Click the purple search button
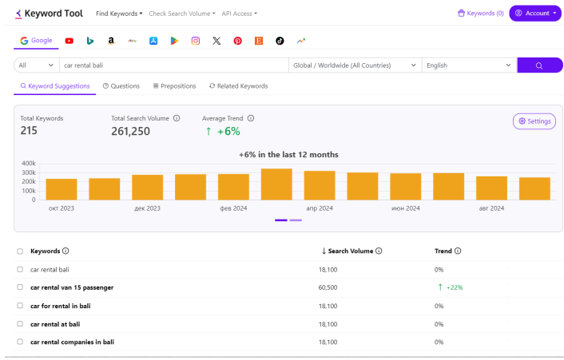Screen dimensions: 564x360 pyautogui.click(x=539, y=65)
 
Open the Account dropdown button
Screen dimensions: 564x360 pyautogui.click(x=535, y=14)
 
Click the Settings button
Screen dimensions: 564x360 pyautogui.click(x=534, y=121)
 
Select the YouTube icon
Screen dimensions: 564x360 pyautogui.click(x=69, y=41)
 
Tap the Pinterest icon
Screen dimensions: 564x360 pyautogui.click(x=238, y=41)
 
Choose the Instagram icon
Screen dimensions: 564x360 pyautogui.click(x=195, y=41)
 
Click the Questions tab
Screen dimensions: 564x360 pyautogui.click(x=121, y=86)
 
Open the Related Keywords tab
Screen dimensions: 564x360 pyautogui.click(x=239, y=86)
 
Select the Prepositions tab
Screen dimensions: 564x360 pyautogui.click(x=174, y=86)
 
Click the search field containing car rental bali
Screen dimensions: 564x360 pyautogui.click(x=173, y=65)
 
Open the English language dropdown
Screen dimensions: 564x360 pyautogui.click(x=470, y=65)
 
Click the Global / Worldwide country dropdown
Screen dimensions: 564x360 pyautogui.click(x=355, y=65)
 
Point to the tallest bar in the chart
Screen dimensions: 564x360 pyautogui.click(x=276, y=184)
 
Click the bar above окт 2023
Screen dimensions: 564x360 pyautogui.click(x=62, y=189)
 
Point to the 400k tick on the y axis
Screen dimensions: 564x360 pyautogui.click(x=29, y=164)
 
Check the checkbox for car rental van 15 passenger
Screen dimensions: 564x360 pyautogui.click(x=20, y=287)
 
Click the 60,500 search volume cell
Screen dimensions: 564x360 pyautogui.click(x=328, y=287)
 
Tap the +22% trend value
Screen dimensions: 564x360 pyautogui.click(x=455, y=287)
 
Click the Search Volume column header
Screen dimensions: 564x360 pyautogui.click(x=352, y=251)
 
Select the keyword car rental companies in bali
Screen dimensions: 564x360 pyautogui.click(x=73, y=342)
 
